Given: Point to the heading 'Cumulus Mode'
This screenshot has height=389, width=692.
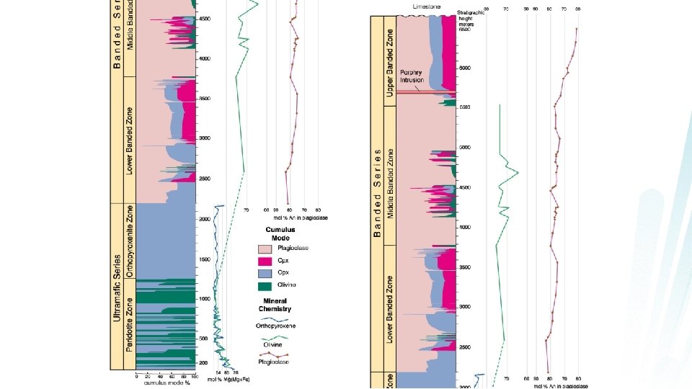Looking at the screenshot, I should pyautogui.click(x=280, y=233).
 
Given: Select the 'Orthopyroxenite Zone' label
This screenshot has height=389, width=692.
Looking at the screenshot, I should pyautogui.click(x=130, y=241).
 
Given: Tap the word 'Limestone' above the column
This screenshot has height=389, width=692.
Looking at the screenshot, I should pyautogui.click(x=426, y=6).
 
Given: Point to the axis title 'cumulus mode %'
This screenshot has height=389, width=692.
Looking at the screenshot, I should pyautogui.click(x=166, y=383).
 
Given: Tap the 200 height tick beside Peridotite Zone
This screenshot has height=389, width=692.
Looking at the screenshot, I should pyautogui.click(x=204, y=362).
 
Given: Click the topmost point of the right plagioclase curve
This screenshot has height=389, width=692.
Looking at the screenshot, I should pyautogui.click(x=577, y=30).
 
